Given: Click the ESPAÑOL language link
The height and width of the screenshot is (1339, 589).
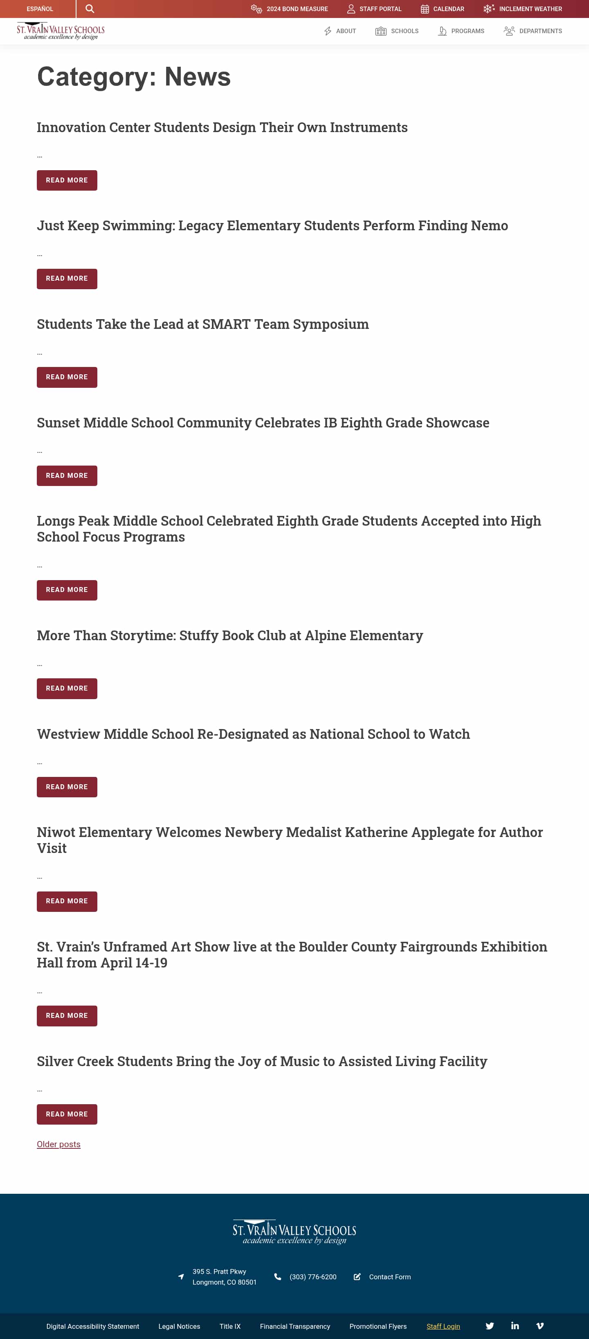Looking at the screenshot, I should pyautogui.click(x=40, y=9).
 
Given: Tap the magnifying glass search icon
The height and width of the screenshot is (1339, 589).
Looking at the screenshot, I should pyautogui.click(x=90, y=9).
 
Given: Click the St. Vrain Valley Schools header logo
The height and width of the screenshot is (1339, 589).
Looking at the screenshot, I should pyautogui.click(x=60, y=31).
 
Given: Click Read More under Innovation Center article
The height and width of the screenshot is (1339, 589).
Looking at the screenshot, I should pyautogui.click(x=67, y=180).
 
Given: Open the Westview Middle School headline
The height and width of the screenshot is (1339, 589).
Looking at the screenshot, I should pyautogui.click(x=253, y=734).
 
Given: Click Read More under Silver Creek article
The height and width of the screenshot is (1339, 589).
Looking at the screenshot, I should pyautogui.click(x=67, y=1114).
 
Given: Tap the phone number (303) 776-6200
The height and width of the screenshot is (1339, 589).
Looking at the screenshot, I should pyautogui.click(x=312, y=1277).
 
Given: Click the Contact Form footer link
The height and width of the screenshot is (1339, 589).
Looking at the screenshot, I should pyautogui.click(x=389, y=1277).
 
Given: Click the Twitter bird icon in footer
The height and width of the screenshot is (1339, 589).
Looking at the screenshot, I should pyautogui.click(x=490, y=1326).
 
